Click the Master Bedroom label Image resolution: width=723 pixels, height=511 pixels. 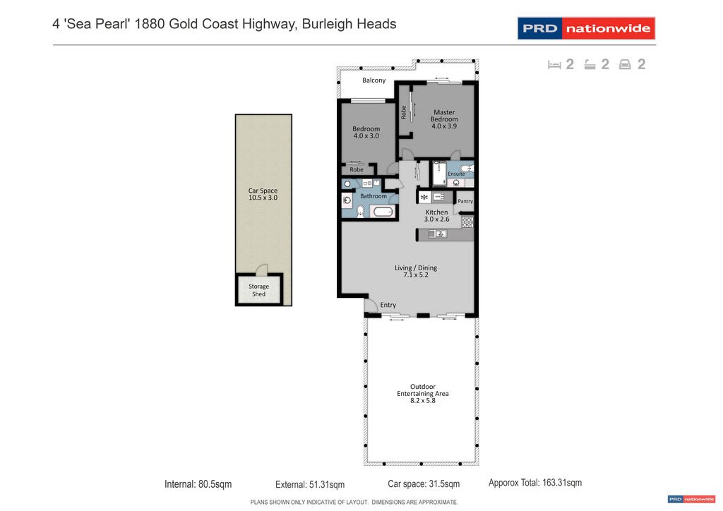coord(444,116)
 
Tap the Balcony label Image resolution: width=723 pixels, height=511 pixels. coord(374,80)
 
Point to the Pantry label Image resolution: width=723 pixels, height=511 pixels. coord(465,201)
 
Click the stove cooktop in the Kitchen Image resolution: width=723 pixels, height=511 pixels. coord(467,222)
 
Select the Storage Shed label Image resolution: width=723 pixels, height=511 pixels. coord(258,290)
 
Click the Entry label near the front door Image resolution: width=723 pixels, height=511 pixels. coord(388,305)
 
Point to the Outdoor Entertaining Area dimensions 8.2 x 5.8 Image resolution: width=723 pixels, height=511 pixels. coord(422,401)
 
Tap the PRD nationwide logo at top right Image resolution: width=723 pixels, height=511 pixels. coord(586,29)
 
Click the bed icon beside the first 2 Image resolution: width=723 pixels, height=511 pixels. coord(554,65)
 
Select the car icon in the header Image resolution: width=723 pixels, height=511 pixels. coord(624,65)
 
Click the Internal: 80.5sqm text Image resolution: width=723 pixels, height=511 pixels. coord(198,484)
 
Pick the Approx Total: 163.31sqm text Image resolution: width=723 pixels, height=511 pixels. coord(535,483)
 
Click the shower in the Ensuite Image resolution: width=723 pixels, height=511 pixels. coord(438,174)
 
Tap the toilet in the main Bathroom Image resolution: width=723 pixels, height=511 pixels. coord(360,210)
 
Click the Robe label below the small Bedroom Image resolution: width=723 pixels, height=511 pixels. coord(357,169)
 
